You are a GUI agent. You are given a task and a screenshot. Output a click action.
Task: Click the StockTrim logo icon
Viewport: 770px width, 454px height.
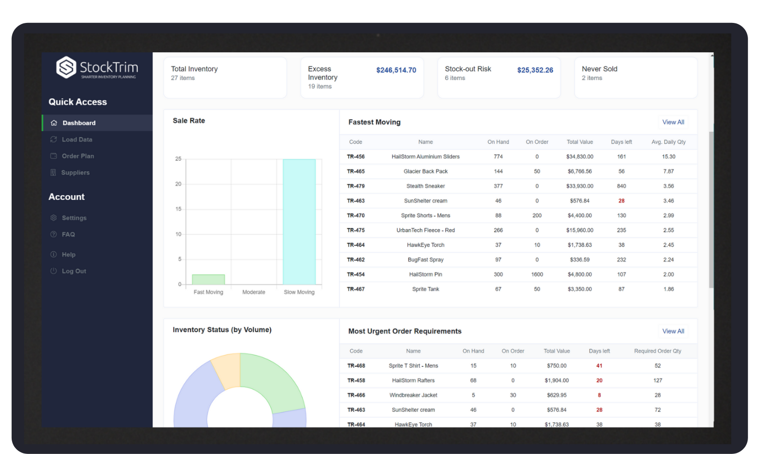coord(66,67)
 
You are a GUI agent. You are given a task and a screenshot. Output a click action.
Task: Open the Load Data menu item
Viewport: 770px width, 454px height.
coord(77,139)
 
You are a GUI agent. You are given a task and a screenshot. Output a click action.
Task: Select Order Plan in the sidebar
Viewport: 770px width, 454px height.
coord(78,156)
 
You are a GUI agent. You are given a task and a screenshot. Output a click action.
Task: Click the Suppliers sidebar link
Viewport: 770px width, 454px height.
coord(75,173)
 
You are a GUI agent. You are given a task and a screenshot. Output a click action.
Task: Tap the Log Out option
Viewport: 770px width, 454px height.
coord(74,271)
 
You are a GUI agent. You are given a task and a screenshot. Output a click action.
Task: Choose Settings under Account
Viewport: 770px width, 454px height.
coord(74,218)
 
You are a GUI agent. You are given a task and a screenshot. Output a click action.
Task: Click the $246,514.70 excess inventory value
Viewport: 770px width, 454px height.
coord(396,70)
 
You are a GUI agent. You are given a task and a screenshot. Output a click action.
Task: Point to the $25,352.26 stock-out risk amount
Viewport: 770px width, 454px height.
coord(535,70)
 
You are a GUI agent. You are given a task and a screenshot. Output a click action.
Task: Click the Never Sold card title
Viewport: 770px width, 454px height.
coord(599,69)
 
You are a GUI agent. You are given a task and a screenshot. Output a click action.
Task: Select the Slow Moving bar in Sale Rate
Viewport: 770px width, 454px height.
coord(299,222)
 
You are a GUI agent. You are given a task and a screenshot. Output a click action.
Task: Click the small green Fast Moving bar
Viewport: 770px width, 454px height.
coord(209,280)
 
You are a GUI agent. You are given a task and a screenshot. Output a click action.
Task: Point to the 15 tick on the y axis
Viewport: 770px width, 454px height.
coord(178,209)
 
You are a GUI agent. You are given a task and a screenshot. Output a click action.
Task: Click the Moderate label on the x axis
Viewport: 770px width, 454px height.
coord(253,292)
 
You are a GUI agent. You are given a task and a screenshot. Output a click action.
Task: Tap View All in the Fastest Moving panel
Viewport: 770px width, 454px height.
coord(673,122)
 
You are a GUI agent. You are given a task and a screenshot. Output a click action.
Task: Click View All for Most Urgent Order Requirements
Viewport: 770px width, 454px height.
coord(673,331)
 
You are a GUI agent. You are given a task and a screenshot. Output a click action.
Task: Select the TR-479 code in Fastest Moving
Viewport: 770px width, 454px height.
coord(356,186)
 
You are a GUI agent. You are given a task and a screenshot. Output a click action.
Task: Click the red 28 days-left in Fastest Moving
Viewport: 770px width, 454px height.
coord(621,201)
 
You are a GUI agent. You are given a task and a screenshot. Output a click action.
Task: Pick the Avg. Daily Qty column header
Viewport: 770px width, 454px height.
coord(668,142)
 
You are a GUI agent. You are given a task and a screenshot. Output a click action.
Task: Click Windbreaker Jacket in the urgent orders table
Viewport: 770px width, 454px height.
coord(413,395)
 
